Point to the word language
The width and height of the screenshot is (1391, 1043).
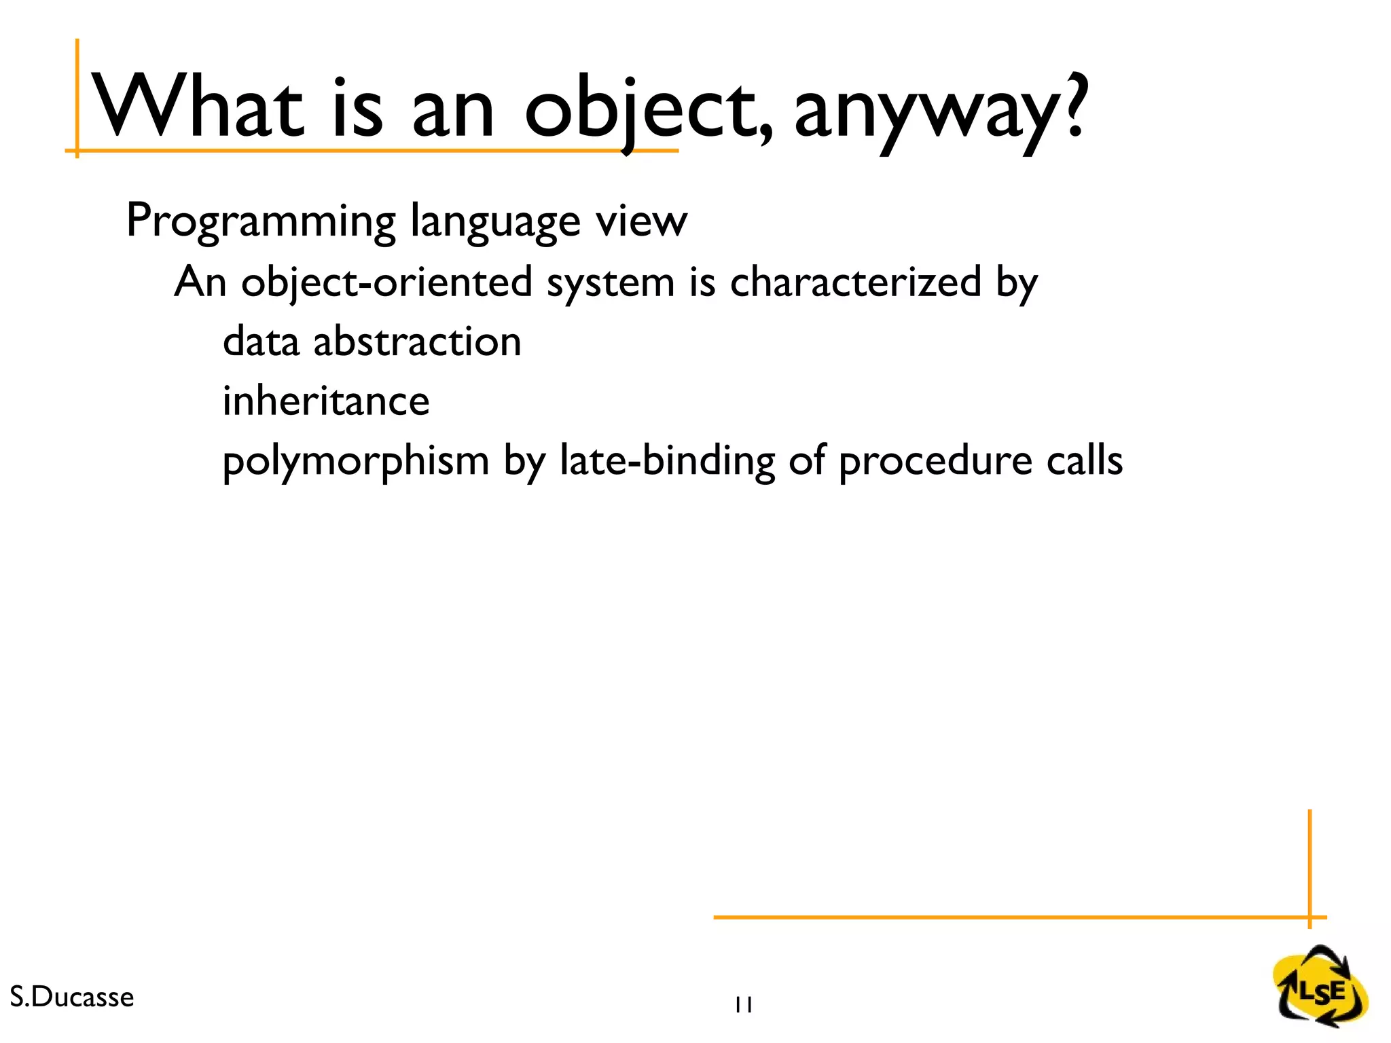pyautogui.click(x=496, y=221)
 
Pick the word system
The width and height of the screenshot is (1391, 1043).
pyautogui.click(x=610, y=284)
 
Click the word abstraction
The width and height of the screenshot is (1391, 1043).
pyautogui.click(x=417, y=341)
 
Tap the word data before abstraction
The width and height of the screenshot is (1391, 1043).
pyautogui.click(x=261, y=341)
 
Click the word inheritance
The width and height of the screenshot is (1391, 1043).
pyautogui.click(x=326, y=401)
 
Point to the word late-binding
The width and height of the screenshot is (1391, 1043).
pyautogui.click(x=667, y=462)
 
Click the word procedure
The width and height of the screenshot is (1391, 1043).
pyautogui.click(x=935, y=462)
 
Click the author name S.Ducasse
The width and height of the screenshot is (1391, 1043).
pyautogui.click(x=72, y=997)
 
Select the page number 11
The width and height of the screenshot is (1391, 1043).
pyautogui.click(x=743, y=1005)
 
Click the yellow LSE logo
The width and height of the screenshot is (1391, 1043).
pyautogui.click(x=1320, y=987)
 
